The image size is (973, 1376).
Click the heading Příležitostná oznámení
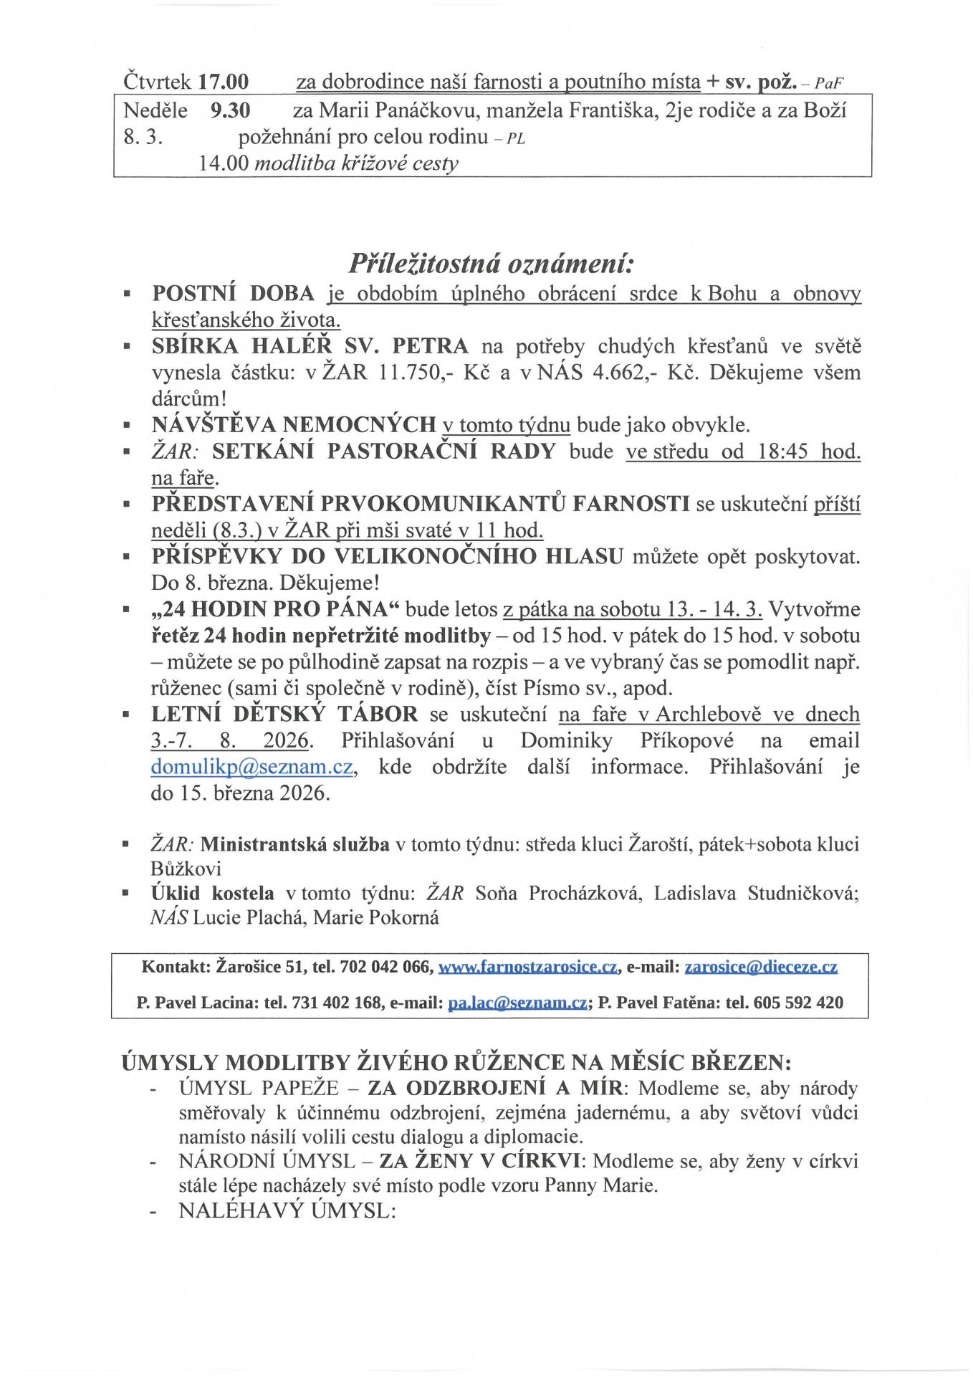tap(492, 264)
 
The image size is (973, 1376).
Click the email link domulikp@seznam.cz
tap(251, 767)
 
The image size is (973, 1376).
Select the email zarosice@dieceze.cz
tap(761, 967)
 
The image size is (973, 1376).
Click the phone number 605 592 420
tap(798, 1003)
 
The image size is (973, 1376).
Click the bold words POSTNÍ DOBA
tap(234, 294)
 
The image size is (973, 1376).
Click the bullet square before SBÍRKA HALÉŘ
tap(127, 347)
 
